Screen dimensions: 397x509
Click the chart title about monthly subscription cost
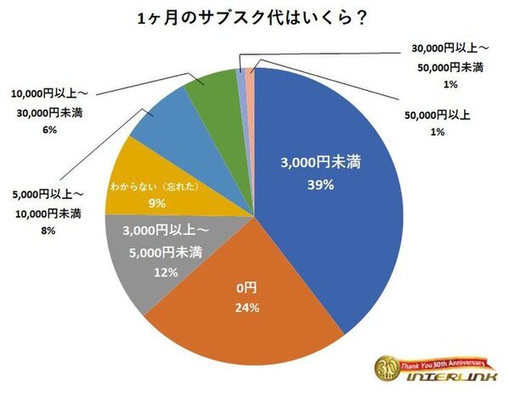click(x=255, y=18)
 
